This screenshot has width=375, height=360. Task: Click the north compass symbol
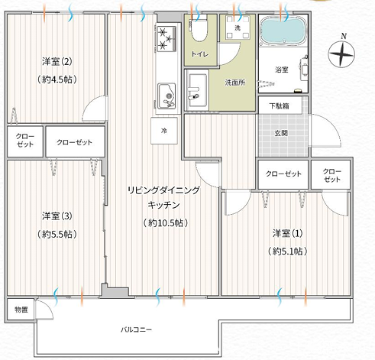pos(341,54)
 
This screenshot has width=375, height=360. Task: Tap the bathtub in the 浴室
pos(283,31)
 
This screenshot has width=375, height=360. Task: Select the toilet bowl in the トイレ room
pos(199,29)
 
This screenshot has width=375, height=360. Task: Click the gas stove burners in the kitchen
pos(166,38)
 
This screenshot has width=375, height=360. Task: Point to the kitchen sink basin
pos(166,96)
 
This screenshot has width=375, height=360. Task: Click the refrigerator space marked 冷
pos(164,131)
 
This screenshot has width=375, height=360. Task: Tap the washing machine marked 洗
pos(238,28)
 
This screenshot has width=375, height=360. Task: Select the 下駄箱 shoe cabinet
pos(280,105)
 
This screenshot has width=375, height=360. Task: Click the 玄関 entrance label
pos(281,133)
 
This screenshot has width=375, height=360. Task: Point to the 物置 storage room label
pos(21,310)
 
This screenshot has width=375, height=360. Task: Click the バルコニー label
pos(136,329)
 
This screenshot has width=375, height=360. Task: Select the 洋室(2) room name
pos(57,61)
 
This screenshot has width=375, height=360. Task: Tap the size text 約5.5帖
pos(57,234)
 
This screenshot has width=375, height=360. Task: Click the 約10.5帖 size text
pos(166,223)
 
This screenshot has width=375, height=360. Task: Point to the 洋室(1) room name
pos(287,233)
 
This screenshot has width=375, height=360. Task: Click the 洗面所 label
pos(235,83)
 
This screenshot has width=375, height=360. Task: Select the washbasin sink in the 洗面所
pos(197,90)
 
